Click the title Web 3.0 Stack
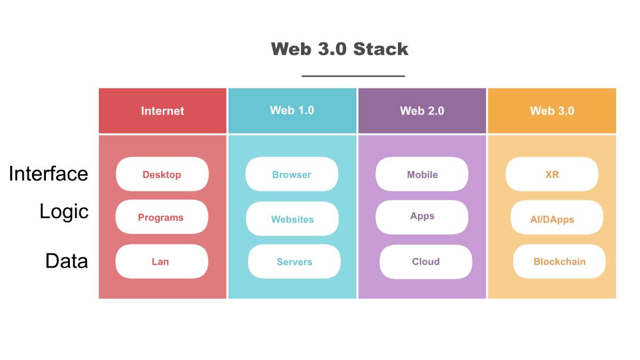[x=340, y=49]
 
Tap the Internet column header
[x=163, y=110]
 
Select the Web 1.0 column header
[x=292, y=110]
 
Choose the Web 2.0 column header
[x=422, y=110]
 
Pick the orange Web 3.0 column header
[x=552, y=110]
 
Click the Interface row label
[x=49, y=174]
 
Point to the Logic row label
[x=64, y=212]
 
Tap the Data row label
[x=67, y=261]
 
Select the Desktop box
[x=162, y=174]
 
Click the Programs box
[x=161, y=217]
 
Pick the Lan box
[x=161, y=261]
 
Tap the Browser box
[x=292, y=174]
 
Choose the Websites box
[x=292, y=219]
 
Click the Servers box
[x=294, y=262]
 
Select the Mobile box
[x=422, y=174]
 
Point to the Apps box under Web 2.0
[x=422, y=217]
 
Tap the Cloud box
[x=426, y=262]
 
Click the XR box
[x=552, y=174]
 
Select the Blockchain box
[x=559, y=262]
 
